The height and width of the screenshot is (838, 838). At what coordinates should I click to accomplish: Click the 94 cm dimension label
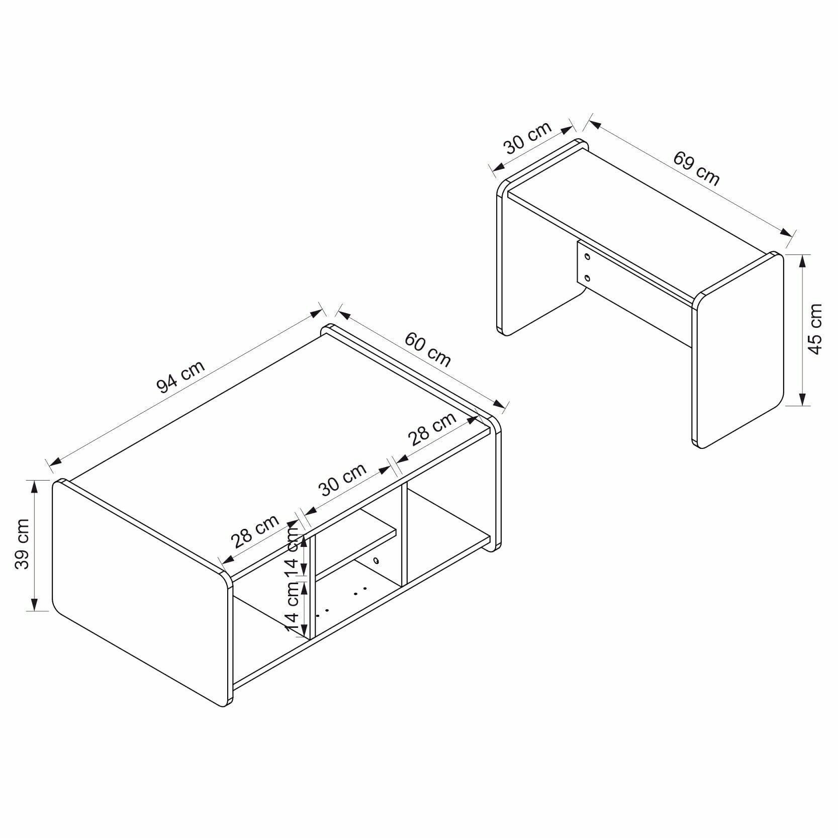181,376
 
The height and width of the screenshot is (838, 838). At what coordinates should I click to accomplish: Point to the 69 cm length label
696,168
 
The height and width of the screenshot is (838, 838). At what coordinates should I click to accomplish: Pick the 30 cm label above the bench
528,137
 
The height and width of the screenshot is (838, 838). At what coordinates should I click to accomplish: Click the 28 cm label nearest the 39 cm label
254,531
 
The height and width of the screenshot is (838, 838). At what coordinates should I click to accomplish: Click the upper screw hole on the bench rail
587,257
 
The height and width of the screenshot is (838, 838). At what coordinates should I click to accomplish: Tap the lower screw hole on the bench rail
587,277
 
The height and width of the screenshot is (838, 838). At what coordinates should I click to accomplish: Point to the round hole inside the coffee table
376,561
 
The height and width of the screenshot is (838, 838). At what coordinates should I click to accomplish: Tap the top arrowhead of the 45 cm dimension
801,260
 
